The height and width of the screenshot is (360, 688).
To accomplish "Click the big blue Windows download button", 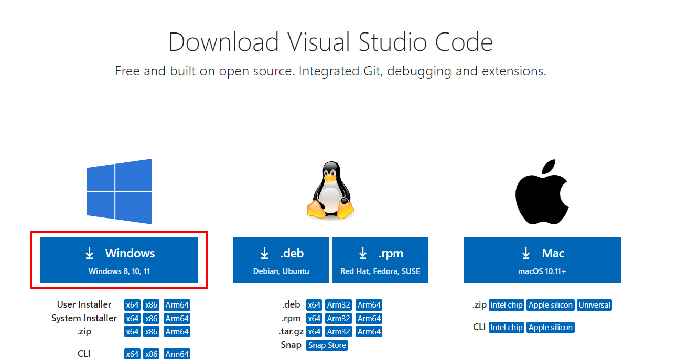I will pyautogui.click(x=119, y=260).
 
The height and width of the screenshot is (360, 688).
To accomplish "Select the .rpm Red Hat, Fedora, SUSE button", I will pyautogui.click(x=380, y=260).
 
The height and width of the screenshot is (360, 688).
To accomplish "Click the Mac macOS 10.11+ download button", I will pyautogui.click(x=542, y=260).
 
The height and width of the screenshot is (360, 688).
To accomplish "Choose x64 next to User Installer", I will pyautogui.click(x=132, y=305).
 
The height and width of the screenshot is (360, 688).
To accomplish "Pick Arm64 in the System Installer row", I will pyautogui.click(x=177, y=319).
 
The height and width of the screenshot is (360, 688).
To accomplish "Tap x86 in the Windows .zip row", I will pyautogui.click(x=152, y=332).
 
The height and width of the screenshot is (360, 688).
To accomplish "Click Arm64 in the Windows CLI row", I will pyautogui.click(x=177, y=354).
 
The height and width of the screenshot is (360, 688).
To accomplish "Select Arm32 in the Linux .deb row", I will pyautogui.click(x=338, y=305).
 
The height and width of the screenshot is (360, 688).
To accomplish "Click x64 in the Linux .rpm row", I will pyautogui.click(x=314, y=319).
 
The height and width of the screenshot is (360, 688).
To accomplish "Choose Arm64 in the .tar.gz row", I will pyautogui.click(x=369, y=332).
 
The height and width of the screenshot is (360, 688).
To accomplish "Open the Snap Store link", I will pyautogui.click(x=327, y=345).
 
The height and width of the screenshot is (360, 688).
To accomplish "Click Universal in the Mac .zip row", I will pyautogui.click(x=594, y=305).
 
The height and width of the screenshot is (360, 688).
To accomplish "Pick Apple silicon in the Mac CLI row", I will pyautogui.click(x=551, y=328).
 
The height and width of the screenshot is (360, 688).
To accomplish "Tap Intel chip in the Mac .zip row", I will pyautogui.click(x=506, y=305).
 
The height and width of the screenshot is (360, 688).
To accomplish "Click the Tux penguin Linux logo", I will pyautogui.click(x=330, y=191).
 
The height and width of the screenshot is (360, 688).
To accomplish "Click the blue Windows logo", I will pyautogui.click(x=120, y=192).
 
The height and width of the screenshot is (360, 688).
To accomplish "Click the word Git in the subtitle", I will pyautogui.click(x=372, y=71).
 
